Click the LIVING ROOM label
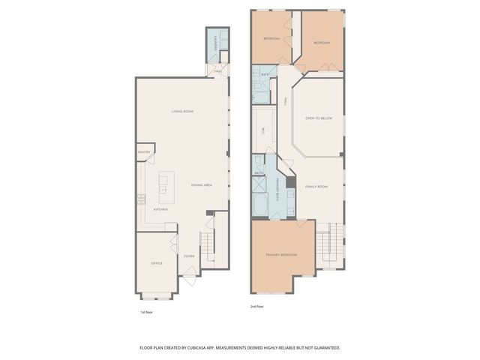[182, 111]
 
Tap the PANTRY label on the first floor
[145, 152]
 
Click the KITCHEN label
[160, 209]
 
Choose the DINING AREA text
[202, 184]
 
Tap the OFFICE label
[156, 263]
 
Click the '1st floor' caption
[147, 311]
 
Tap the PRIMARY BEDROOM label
[281, 255]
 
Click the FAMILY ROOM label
[316, 186]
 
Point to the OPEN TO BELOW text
[318, 118]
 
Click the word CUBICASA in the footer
[214, 348]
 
